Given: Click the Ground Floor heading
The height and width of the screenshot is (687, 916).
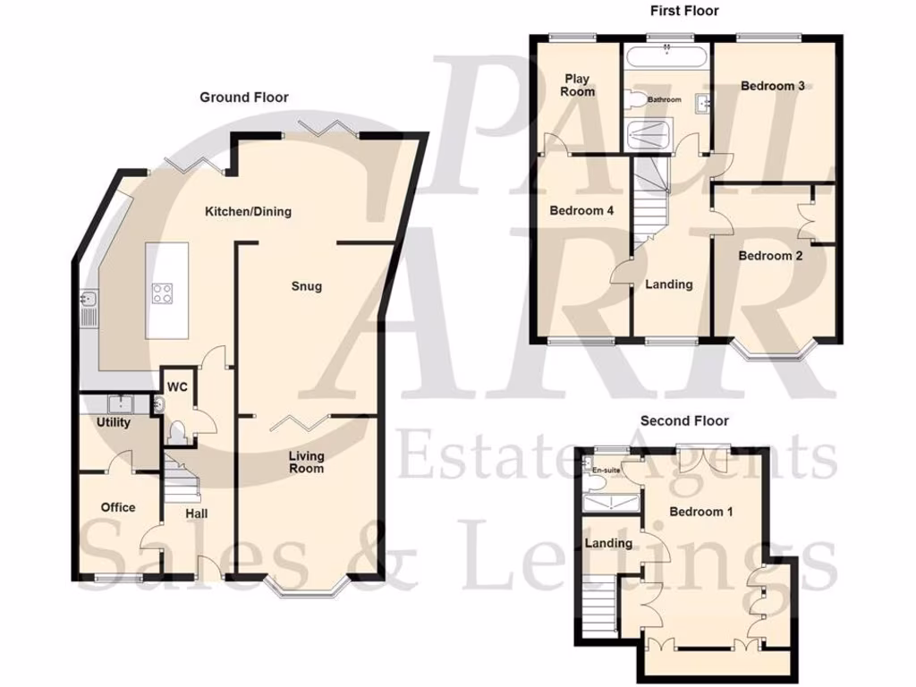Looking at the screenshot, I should (243, 98).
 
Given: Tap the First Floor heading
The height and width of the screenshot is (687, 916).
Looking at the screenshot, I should (683, 11).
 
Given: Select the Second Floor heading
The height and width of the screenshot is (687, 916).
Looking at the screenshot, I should (684, 420).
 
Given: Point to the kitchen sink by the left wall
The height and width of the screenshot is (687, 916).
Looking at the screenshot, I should (89, 306).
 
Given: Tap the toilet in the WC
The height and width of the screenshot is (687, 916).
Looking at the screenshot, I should (176, 433).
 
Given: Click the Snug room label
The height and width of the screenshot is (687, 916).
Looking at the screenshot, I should (306, 286).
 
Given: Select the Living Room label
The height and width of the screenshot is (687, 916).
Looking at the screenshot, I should (306, 462).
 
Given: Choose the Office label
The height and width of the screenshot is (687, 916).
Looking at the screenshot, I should (118, 507).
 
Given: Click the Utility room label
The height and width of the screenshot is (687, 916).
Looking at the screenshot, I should (114, 422).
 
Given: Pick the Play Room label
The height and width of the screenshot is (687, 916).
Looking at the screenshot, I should (577, 85).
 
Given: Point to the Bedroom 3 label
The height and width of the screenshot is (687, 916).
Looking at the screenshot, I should (773, 86).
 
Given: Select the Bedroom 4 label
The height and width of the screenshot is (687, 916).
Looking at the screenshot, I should (581, 211).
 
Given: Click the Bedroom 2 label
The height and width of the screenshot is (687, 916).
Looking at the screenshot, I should (770, 255).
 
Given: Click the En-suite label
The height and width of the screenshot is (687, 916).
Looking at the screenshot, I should (606, 469).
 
